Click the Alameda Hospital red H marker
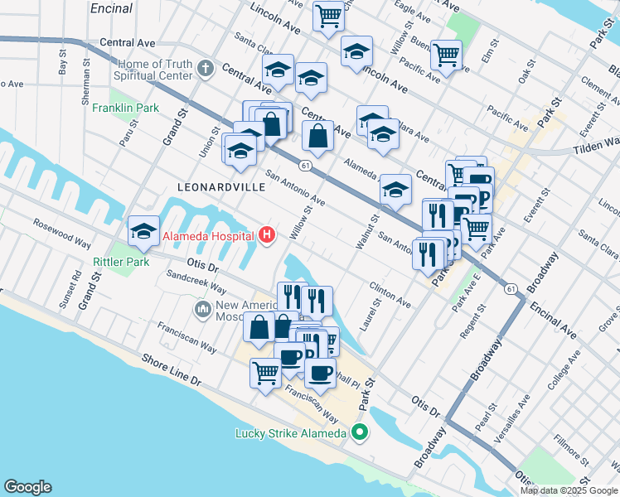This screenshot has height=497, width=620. (x=267, y=236)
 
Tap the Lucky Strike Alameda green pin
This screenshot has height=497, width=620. (x=360, y=432)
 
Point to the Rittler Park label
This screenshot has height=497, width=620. (x=120, y=262)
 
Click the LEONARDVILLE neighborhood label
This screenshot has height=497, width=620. (x=221, y=187)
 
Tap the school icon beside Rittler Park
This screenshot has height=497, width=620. (x=144, y=232)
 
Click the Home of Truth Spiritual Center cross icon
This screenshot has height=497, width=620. (x=206, y=71)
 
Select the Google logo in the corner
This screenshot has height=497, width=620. (x=27, y=487)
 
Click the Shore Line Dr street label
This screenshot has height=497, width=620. (x=172, y=372)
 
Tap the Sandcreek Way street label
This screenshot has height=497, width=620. (x=196, y=282)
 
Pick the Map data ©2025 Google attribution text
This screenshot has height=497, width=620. (x=569, y=490)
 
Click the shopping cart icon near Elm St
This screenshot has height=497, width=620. (x=447, y=55)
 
